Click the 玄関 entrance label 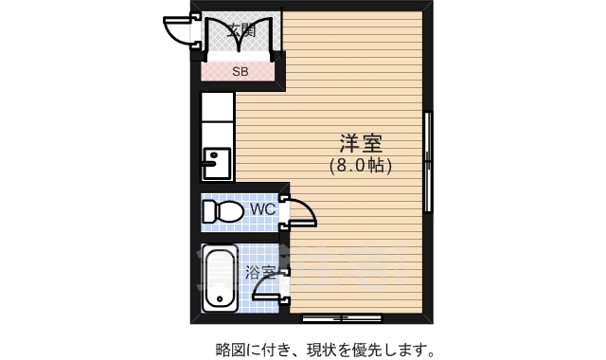(x=241, y=29)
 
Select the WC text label (x=262, y=208)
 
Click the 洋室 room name (x=361, y=143)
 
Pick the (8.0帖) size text (x=361, y=165)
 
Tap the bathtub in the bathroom (x=220, y=279)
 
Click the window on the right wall (x=428, y=164)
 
